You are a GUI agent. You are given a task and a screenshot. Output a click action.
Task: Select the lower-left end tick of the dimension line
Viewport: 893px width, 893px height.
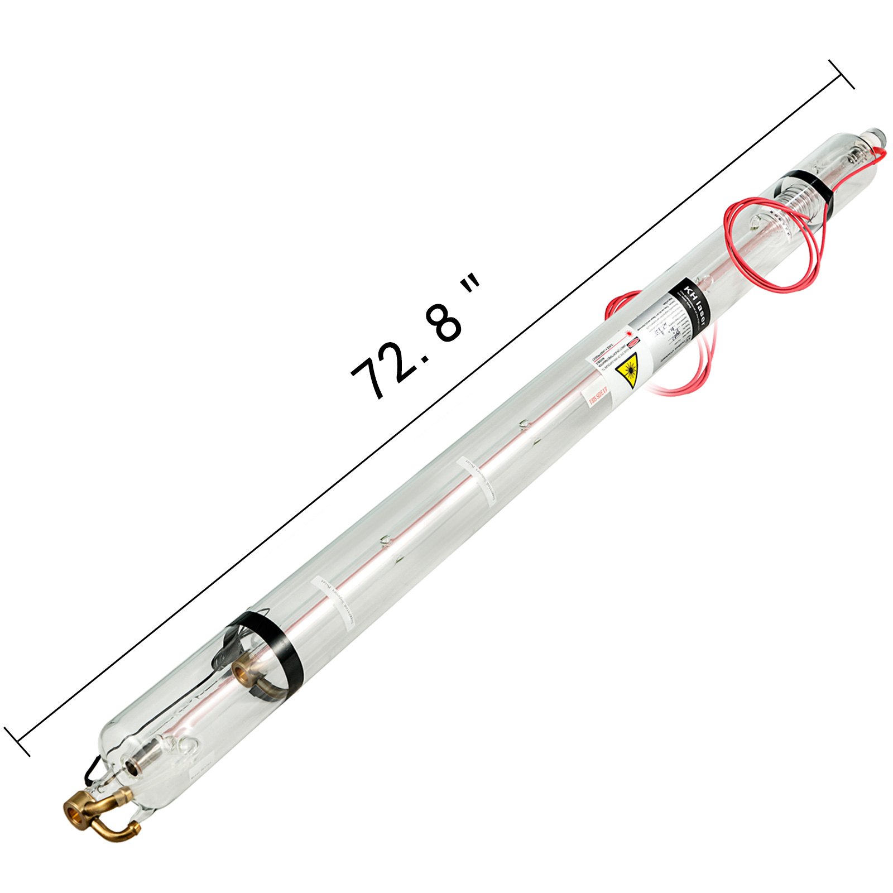pyautogui.click(x=17, y=742)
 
